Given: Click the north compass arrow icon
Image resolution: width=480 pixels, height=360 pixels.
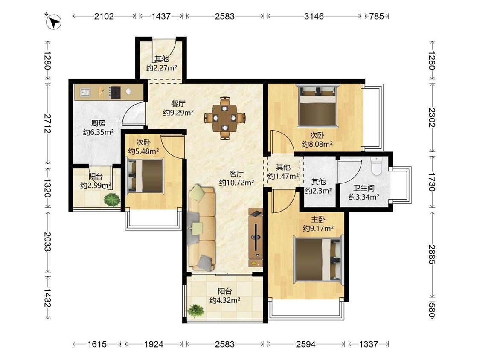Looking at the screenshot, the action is [54, 21].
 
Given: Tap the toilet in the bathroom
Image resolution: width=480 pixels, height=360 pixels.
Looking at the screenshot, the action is [376, 165].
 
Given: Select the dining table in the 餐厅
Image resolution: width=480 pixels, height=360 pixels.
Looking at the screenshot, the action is [225, 118].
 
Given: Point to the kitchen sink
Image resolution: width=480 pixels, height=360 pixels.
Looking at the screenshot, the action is [85, 92].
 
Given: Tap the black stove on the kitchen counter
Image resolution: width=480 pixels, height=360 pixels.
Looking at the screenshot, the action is [115, 92].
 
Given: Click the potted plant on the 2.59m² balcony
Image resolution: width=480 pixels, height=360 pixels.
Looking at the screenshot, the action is [112, 200].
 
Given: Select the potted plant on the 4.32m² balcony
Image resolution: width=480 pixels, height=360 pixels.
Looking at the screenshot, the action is [195, 311].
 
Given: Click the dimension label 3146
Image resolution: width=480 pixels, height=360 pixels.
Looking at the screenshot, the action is [314, 16].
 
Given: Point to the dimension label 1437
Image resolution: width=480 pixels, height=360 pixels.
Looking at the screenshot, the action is [161, 16].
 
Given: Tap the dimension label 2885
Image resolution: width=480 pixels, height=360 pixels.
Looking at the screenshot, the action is [431, 254].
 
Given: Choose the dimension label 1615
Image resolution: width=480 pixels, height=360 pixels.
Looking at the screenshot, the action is [97, 344].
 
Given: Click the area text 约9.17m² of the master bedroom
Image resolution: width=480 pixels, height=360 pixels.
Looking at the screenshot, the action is [318, 228].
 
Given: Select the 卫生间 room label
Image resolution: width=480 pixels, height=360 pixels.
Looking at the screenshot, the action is [364, 188].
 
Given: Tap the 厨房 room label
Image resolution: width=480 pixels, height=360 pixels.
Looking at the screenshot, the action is [98, 123].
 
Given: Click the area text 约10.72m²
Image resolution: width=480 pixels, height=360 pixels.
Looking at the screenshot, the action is [237, 183].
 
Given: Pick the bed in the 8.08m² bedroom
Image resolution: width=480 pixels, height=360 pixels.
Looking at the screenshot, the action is [318, 106].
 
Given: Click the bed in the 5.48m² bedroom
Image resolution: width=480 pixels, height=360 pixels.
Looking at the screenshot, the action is [145, 175].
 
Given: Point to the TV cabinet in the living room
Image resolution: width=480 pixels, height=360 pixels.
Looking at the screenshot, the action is [256, 237].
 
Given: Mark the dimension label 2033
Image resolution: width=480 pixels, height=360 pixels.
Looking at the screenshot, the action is [47, 241].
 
